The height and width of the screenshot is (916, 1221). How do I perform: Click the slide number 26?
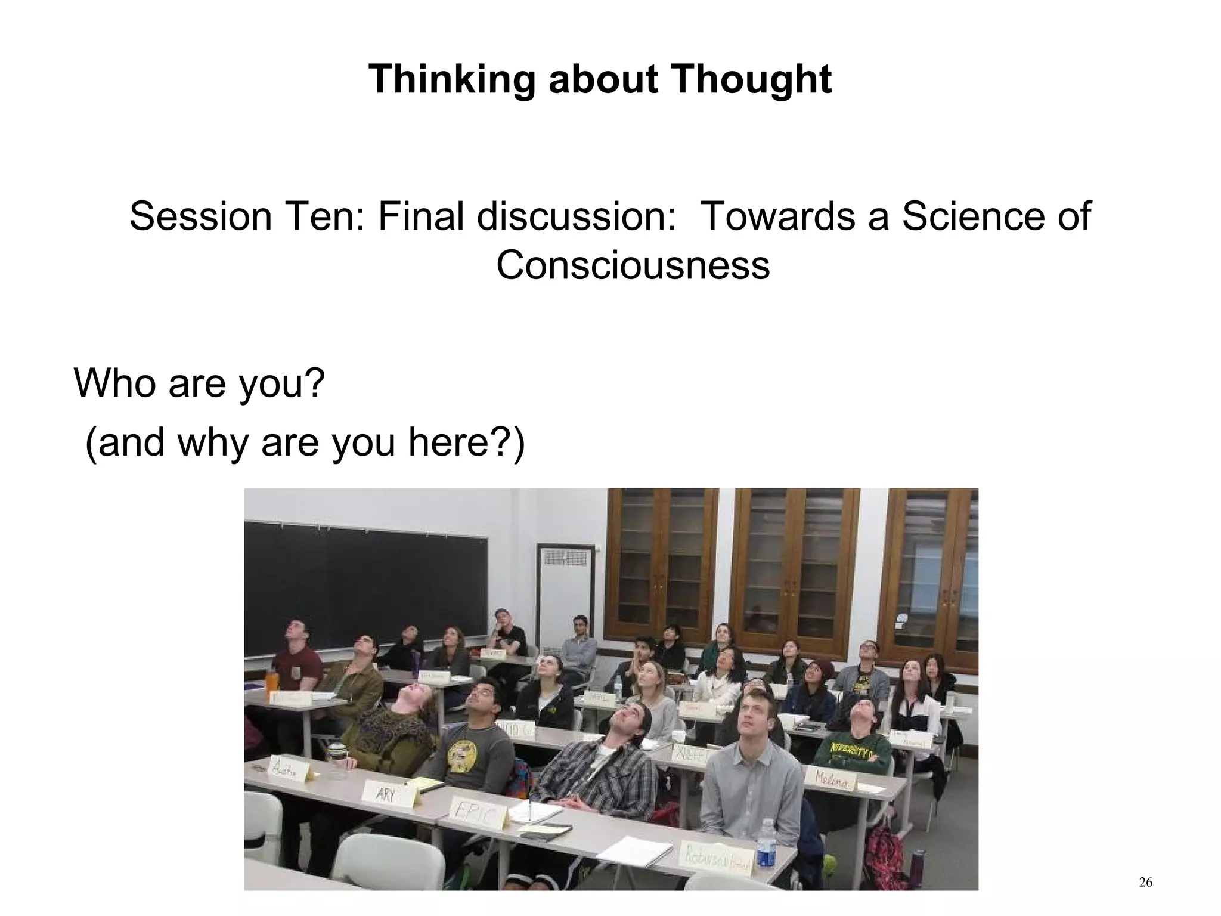(x=1145, y=882)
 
